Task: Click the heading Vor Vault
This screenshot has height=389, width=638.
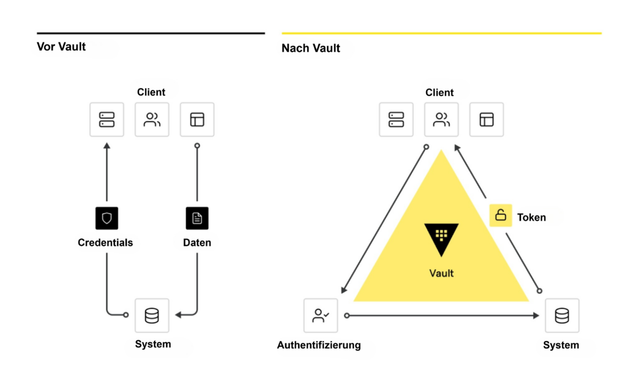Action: [x=61, y=47]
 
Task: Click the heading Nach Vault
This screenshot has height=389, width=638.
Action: [x=311, y=48]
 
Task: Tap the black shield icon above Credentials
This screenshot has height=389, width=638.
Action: [x=107, y=218]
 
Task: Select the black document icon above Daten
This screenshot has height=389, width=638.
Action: [x=197, y=218]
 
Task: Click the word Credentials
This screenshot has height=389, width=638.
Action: [x=105, y=243]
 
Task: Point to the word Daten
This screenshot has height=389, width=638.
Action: [x=197, y=243]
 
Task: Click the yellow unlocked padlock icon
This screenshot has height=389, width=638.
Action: [x=500, y=215]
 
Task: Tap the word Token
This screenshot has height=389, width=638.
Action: [x=531, y=218]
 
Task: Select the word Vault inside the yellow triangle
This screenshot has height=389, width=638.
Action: [x=441, y=273]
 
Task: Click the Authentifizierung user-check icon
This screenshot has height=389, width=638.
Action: [x=321, y=315]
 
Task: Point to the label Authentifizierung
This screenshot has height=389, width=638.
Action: [x=319, y=345]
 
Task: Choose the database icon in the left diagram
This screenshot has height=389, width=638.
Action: [x=151, y=315]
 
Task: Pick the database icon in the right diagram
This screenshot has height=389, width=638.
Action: [x=561, y=315]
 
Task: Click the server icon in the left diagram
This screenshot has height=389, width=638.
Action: [x=107, y=120]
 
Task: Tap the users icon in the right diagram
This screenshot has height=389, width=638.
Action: [x=441, y=120]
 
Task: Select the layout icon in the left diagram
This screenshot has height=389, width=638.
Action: [x=197, y=120]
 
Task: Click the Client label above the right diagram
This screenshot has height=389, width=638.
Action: [x=439, y=92]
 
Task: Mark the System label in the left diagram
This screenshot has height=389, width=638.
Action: [x=153, y=343]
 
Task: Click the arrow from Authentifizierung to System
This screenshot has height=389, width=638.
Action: [x=442, y=315]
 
